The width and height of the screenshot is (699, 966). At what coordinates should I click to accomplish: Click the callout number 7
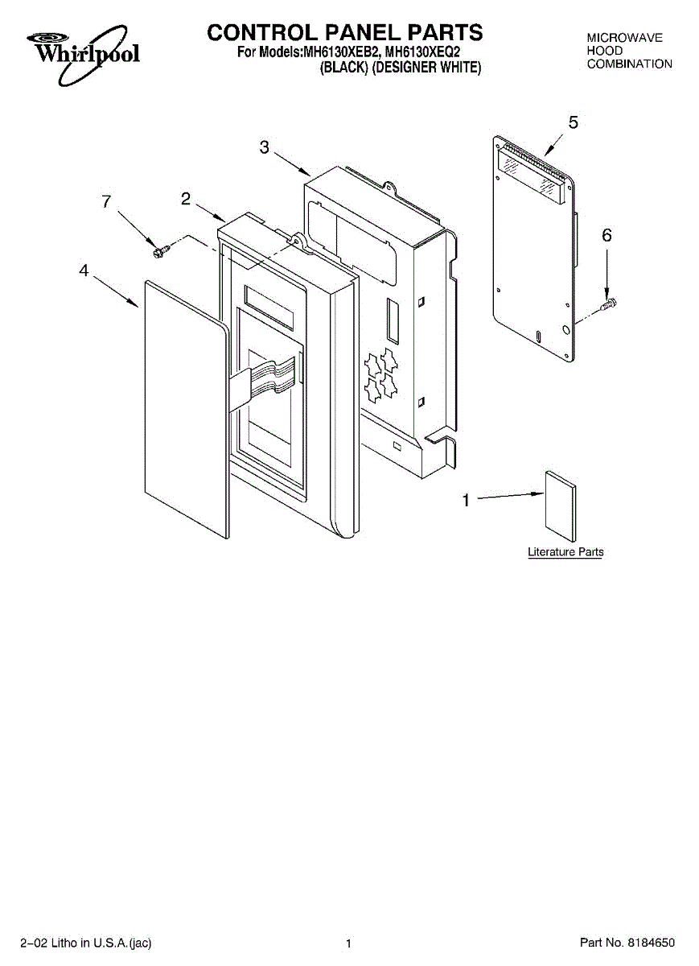[106, 202]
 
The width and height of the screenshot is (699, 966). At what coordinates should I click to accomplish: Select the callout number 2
[186, 199]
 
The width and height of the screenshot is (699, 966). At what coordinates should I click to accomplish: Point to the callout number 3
[265, 147]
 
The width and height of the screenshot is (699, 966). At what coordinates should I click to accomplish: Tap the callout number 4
[84, 271]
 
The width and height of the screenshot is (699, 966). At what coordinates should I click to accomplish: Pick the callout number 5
[573, 122]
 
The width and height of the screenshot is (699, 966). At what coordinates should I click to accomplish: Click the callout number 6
[606, 235]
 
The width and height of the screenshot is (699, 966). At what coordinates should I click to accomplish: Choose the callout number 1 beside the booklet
[465, 500]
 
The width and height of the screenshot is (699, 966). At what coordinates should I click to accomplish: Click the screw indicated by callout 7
[158, 250]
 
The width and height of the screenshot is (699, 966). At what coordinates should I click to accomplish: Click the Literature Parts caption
[565, 552]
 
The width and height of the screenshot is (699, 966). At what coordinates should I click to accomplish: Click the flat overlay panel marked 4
[183, 411]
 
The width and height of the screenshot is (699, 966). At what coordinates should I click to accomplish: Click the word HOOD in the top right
[605, 51]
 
